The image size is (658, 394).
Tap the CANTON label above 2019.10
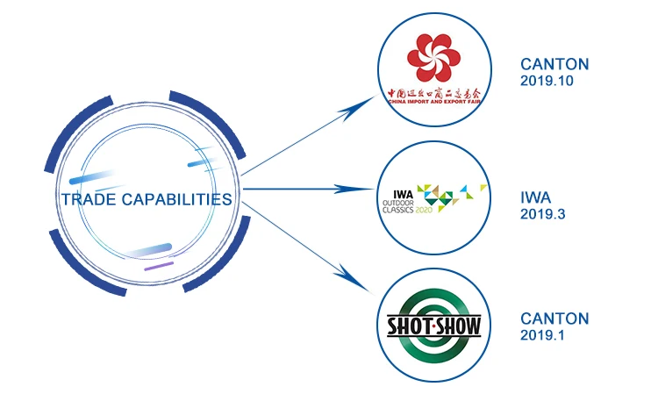(x=554, y=64)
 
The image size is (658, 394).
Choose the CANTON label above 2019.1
(x=554, y=319)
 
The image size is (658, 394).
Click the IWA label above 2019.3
(x=535, y=197)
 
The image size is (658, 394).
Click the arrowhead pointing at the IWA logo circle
(x=362, y=189)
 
